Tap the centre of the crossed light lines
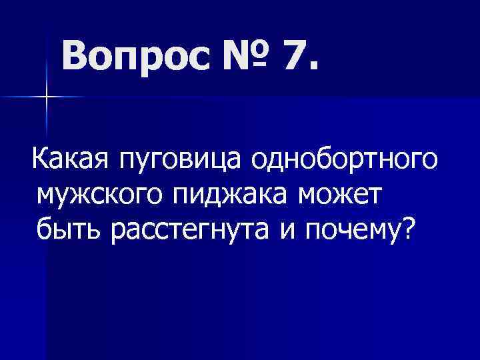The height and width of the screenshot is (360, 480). [x=47, y=97]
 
